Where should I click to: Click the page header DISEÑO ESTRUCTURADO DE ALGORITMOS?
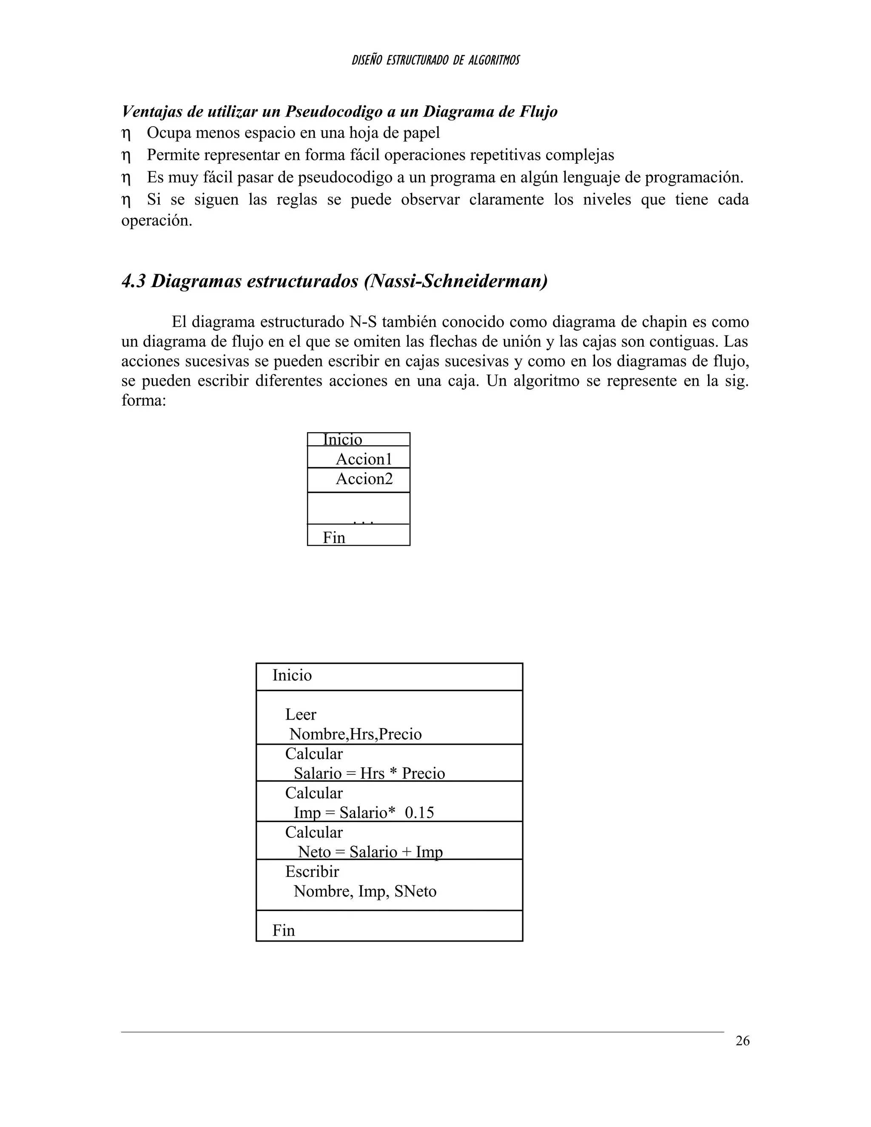point(435,60)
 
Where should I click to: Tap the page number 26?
point(742,1041)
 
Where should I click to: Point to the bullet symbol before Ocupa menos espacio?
point(126,134)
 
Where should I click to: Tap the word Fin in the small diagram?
point(334,538)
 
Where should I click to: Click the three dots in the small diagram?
point(363,521)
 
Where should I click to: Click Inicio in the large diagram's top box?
point(292,675)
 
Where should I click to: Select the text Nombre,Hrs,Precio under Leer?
point(356,734)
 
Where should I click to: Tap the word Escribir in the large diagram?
point(312,871)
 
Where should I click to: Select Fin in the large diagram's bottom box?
point(283,931)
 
